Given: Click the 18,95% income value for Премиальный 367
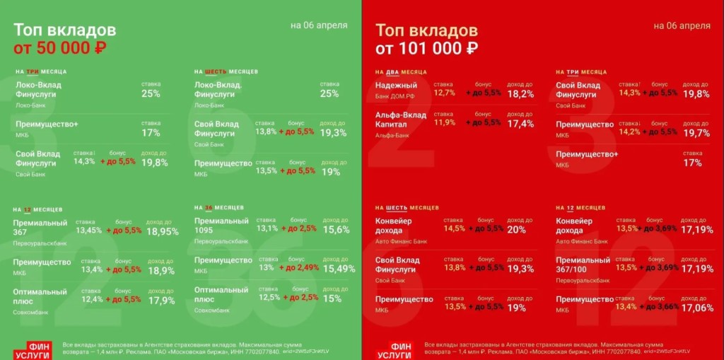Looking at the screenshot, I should [163, 231].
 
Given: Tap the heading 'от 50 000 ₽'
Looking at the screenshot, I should [60, 48].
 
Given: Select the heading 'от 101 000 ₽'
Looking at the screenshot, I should [426, 49].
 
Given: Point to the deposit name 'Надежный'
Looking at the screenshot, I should [396, 86].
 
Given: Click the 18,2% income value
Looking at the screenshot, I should [520, 94].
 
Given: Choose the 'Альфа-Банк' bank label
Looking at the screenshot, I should [393, 135].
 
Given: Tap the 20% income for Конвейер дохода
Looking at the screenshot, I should [516, 230].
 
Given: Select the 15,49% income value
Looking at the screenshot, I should [337, 269].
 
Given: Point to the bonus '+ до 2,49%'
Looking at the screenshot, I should [299, 269].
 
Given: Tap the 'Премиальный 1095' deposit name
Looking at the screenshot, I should [221, 226].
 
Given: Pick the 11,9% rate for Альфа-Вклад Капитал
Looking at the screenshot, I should [445, 122].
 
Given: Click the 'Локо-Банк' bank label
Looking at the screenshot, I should [30, 105].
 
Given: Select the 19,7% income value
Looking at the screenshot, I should [696, 133].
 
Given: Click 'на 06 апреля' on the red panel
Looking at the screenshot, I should [682, 25].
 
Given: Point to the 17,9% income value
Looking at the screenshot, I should [163, 300].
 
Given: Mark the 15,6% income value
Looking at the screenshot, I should [337, 230].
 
